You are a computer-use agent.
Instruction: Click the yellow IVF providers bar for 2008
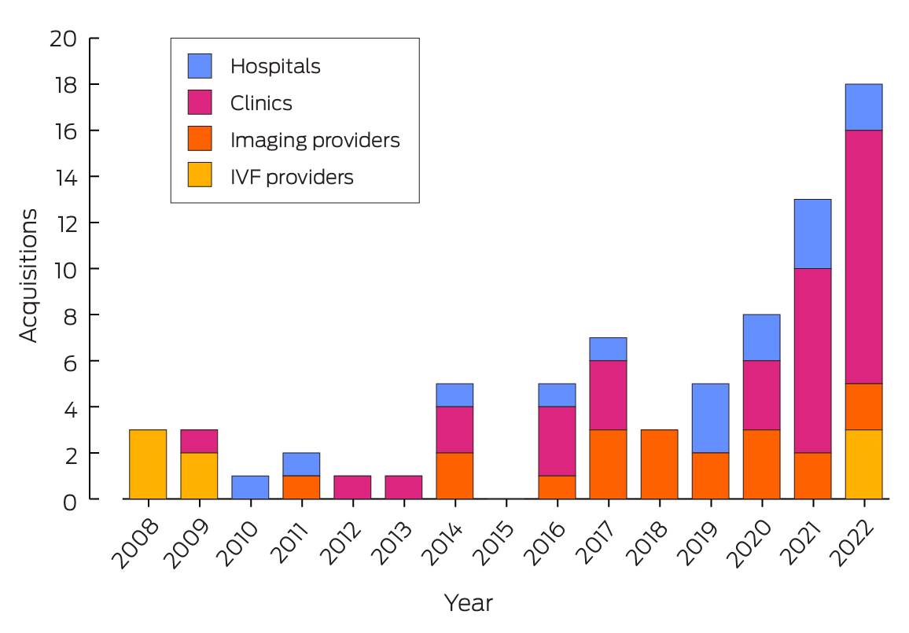coord(148,464)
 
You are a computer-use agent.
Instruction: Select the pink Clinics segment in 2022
coord(863,257)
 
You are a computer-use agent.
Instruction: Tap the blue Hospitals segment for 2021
coord(812,234)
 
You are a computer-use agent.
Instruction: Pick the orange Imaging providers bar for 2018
coord(659,464)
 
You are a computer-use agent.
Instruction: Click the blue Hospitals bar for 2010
coord(250,488)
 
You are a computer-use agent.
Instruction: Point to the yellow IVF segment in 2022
coord(863,464)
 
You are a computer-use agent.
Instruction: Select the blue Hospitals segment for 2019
coord(710,418)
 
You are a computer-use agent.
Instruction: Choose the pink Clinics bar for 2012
coord(352,488)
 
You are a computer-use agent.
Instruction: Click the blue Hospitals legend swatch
coord(200,66)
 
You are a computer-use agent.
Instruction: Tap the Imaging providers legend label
coord(315,140)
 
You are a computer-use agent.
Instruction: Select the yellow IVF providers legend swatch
coord(200,176)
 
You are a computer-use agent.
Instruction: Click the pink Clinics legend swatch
coord(200,103)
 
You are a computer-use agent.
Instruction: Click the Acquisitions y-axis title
coord(28,275)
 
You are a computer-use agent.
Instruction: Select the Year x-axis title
coord(469,603)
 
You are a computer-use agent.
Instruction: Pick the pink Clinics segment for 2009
coord(199,441)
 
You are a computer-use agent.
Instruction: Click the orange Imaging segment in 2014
coord(454,476)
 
